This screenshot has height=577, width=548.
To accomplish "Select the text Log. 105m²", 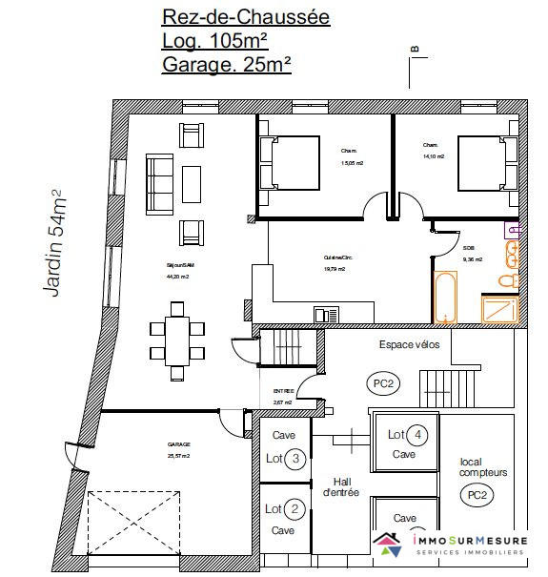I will (214, 41).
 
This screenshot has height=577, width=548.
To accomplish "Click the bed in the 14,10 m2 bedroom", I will (484, 163).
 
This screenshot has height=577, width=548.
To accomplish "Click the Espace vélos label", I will (409, 344).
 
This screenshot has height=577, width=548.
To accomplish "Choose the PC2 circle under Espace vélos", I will (381, 381).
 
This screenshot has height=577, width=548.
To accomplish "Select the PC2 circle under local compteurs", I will (477, 495).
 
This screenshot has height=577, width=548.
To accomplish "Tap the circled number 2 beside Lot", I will (296, 509).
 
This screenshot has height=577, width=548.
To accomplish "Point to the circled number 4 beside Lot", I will (417, 437).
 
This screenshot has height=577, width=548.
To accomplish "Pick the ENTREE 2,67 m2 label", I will (283, 397).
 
